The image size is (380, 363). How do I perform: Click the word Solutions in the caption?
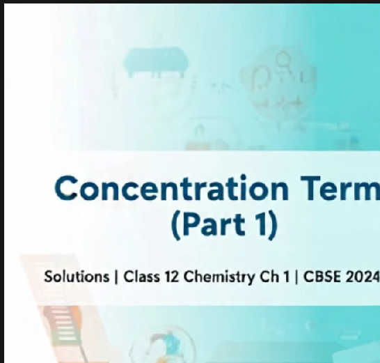tap(74, 277)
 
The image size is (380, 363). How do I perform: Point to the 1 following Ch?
tap(276, 277)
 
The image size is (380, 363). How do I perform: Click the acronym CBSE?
tap(312, 277)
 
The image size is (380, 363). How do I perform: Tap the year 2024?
tap(358, 277)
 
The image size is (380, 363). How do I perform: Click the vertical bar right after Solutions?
tap(115, 277)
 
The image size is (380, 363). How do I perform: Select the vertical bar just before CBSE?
tap(287, 277)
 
